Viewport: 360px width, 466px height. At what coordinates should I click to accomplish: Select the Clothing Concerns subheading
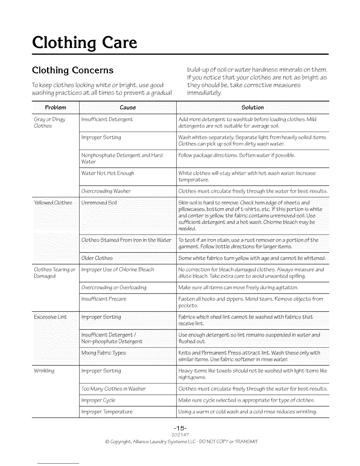pos(72,70)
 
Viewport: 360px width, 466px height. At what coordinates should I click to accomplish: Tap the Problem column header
pos(55,107)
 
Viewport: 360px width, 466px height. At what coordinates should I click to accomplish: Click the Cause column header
pos(128,107)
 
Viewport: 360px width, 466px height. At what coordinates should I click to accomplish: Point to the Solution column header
pos(252,107)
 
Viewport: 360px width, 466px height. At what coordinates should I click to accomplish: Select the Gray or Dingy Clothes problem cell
pos(49,123)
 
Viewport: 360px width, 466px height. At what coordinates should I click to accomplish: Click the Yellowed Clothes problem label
pos(53,203)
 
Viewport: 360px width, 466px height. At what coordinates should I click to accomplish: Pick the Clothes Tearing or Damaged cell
pos(55,273)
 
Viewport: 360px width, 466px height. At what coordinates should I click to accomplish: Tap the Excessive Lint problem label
pos(50,317)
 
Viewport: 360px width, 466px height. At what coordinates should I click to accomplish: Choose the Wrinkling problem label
pos(44,371)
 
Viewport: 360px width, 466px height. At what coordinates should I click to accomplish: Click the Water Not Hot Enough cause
pos(108,173)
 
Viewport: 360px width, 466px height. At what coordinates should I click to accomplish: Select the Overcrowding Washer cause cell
pos(106,191)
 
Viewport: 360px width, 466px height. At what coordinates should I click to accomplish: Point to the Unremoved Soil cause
pos(99,203)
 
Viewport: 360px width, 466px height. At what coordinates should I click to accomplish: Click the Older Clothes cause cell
pos(97,258)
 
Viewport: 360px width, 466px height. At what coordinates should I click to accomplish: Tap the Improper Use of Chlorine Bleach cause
pos(118,269)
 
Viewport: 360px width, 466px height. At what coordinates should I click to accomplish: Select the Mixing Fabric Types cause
pos(104,353)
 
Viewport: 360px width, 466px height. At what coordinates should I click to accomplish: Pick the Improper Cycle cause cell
pos(98,400)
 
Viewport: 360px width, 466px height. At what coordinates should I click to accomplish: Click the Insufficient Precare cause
pos(104,299)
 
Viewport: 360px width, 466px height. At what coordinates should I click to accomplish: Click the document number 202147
pos(180,435)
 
